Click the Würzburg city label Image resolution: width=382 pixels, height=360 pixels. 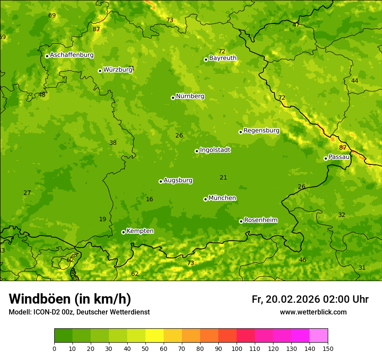(x=118, y=69)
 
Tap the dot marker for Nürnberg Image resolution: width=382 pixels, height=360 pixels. (x=173, y=98)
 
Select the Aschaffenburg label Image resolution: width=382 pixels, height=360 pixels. (x=72, y=55)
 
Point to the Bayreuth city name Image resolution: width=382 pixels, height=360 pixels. (x=223, y=58)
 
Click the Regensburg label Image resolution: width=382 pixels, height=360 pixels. (x=261, y=130)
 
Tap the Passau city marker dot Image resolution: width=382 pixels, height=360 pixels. (x=326, y=158)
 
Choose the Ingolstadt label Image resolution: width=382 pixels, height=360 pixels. (x=215, y=150)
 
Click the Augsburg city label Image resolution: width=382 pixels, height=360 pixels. (x=178, y=180)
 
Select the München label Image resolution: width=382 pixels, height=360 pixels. (x=222, y=198)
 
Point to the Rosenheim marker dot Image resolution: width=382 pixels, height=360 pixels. (x=241, y=221)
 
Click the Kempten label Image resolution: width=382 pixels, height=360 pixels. (x=140, y=231)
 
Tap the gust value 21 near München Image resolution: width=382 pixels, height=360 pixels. (x=223, y=177)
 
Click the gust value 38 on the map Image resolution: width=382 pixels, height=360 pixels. (x=113, y=143)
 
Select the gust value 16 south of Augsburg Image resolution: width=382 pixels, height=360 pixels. (x=149, y=199)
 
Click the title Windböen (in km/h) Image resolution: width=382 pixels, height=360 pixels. (x=69, y=299)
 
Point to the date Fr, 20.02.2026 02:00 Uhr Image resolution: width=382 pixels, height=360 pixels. (x=310, y=299)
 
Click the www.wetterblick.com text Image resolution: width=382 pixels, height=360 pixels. (x=313, y=312)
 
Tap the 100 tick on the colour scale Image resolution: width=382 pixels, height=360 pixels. (x=237, y=348)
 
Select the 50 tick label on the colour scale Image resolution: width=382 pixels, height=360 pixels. (x=145, y=348)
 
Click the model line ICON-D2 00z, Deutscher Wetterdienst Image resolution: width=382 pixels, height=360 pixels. (x=79, y=312)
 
